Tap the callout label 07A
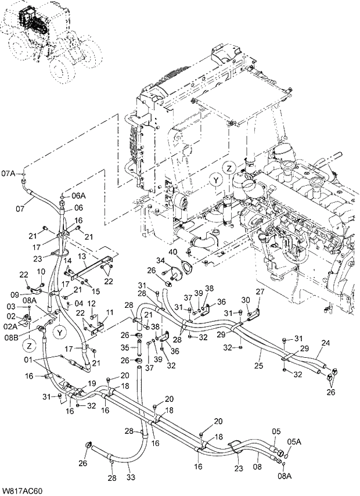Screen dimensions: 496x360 coord(9,173)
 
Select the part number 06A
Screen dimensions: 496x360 coord(78,196)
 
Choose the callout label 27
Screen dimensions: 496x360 coord(260,292)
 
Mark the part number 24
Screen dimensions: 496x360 coord(326,343)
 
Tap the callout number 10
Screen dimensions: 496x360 coord(41,272)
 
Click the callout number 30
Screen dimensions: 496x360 coord(244,300)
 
